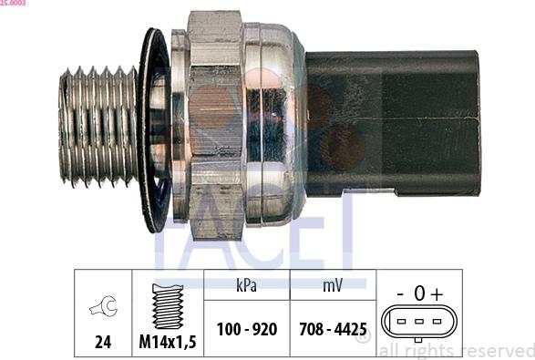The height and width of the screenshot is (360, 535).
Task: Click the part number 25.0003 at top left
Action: pyautogui.click(x=13, y=4)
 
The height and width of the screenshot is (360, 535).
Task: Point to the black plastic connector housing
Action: pyautogui.click(x=392, y=122)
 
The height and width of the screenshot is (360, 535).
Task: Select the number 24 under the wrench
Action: pyautogui.click(x=102, y=342)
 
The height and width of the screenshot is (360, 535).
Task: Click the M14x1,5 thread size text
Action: pyautogui.click(x=167, y=342)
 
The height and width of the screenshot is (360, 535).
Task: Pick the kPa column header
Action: pyautogui.click(x=246, y=285)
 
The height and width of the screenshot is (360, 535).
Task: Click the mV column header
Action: pyautogui.click(x=333, y=285)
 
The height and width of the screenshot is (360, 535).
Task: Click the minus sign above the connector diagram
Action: pyautogui.click(x=400, y=293)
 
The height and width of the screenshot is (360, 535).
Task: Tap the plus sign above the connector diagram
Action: pyautogui.click(x=437, y=293)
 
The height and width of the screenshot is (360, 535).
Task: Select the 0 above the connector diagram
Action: pyautogui.click(x=418, y=293)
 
